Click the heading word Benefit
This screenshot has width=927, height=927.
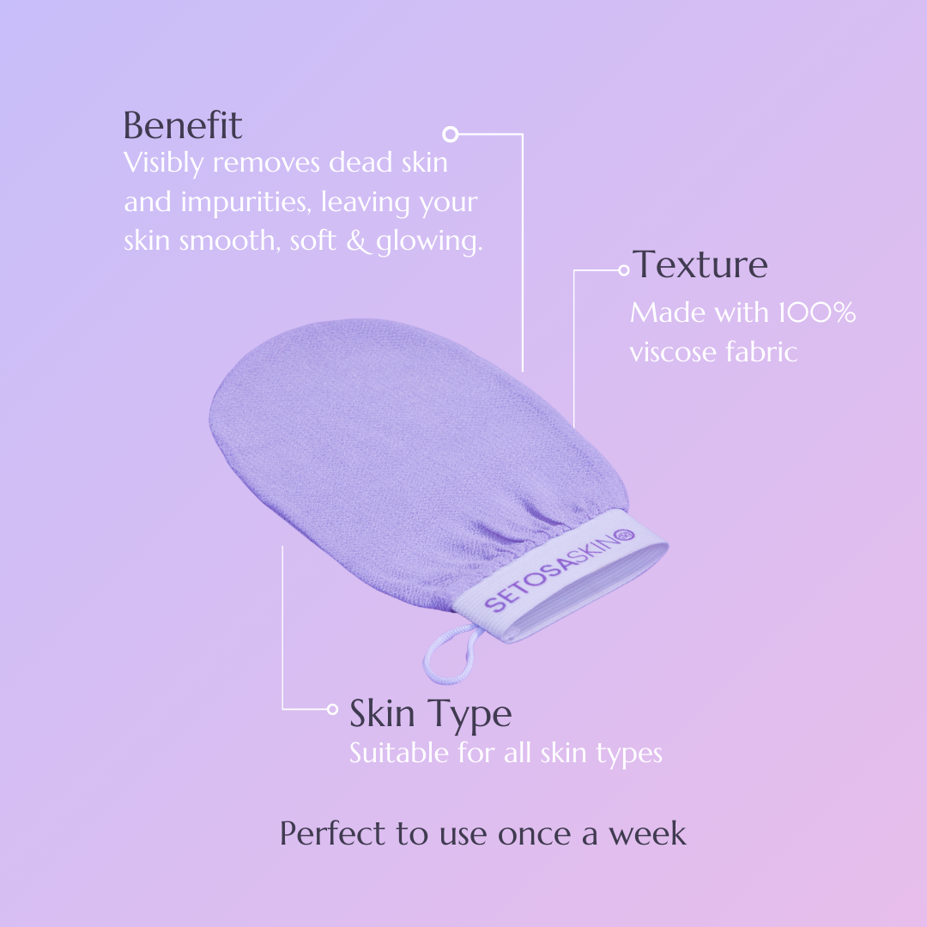pos(183,125)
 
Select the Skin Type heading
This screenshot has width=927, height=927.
pos(430,715)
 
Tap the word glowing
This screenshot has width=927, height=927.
pos(429,242)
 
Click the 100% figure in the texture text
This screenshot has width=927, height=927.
pos(817,312)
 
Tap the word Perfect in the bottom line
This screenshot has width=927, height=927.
pos(333,833)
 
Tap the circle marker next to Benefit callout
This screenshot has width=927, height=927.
pos(451,134)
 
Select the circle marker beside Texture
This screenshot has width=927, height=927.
pos(624,270)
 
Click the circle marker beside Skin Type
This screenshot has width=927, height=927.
pos(332,709)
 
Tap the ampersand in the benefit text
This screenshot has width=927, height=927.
pos(357,241)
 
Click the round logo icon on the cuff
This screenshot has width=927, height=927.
pos(626,536)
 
